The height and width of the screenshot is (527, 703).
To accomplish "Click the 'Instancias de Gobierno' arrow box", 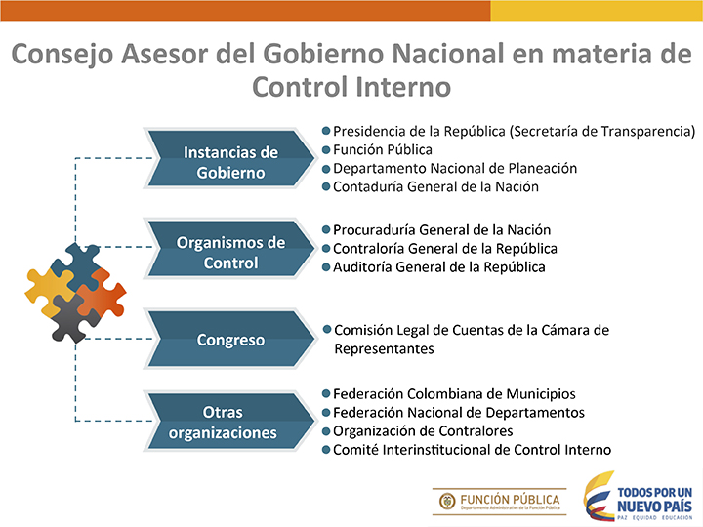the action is click(230, 159).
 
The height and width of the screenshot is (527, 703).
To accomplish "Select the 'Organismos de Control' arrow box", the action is click(230, 249).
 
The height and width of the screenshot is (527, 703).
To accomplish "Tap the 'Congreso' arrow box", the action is click(230, 340).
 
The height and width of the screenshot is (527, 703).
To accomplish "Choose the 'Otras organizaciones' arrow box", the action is click(230, 421).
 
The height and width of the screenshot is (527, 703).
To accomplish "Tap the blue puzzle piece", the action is click(76, 266).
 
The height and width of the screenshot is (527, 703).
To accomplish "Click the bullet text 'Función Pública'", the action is click(383, 149).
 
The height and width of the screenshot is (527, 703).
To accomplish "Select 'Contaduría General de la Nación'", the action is click(435, 186).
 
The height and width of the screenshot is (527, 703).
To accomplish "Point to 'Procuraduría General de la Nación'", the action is click(441, 230).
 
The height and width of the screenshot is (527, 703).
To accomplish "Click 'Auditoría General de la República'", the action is click(439, 267).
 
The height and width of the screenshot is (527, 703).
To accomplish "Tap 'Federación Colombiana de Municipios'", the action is click(454, 394).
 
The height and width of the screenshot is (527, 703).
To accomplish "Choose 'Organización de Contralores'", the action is click(423, 431).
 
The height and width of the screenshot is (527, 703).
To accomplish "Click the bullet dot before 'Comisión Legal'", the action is click(327, 330).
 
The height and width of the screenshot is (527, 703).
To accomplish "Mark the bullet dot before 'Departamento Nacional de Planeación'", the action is click(326, 169).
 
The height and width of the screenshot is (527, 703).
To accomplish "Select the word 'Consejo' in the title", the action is click(62, 55).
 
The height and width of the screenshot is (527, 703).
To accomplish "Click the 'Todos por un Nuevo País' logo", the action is click(638, 497).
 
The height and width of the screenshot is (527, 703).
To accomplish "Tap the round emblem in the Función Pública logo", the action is click(447, 501).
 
